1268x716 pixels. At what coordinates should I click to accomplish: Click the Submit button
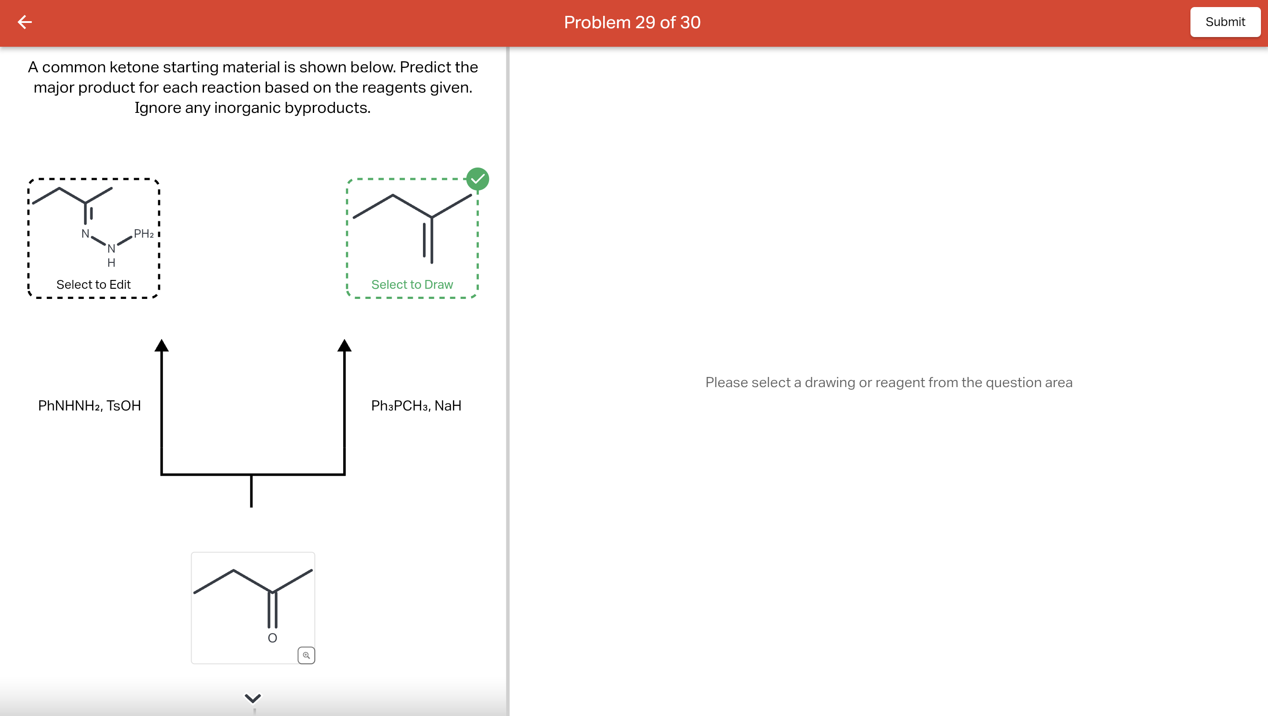[x=1225, y=22]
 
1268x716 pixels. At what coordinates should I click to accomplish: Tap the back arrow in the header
[x=25, y=22]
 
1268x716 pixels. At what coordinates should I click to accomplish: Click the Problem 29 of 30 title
[x=632, y=22]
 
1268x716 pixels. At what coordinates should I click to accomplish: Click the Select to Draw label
[x=412, y=285]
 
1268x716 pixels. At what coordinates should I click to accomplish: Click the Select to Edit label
[x=93, y=285]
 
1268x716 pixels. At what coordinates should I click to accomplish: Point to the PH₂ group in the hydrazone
[x=143, y=234]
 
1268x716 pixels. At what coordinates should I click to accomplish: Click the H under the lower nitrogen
[x=111, y=263]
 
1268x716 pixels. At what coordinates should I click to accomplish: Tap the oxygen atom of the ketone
[x=272, y=638]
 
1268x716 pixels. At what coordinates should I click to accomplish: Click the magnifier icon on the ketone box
[x=306, y=656]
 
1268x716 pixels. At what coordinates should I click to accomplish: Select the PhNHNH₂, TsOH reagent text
[x=89, y=406]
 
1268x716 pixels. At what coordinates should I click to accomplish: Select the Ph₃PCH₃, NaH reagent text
[x=416, y=406]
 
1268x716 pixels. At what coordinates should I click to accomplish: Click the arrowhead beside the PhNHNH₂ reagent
[x=161, y=346]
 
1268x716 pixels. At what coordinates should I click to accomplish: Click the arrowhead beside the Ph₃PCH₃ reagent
[x=345, y=346]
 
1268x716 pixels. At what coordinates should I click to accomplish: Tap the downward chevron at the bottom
[x=252, y=698]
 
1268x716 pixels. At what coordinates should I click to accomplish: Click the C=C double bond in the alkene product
[x=428, y=240]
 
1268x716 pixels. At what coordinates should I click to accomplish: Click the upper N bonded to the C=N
[x=85, y=233]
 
